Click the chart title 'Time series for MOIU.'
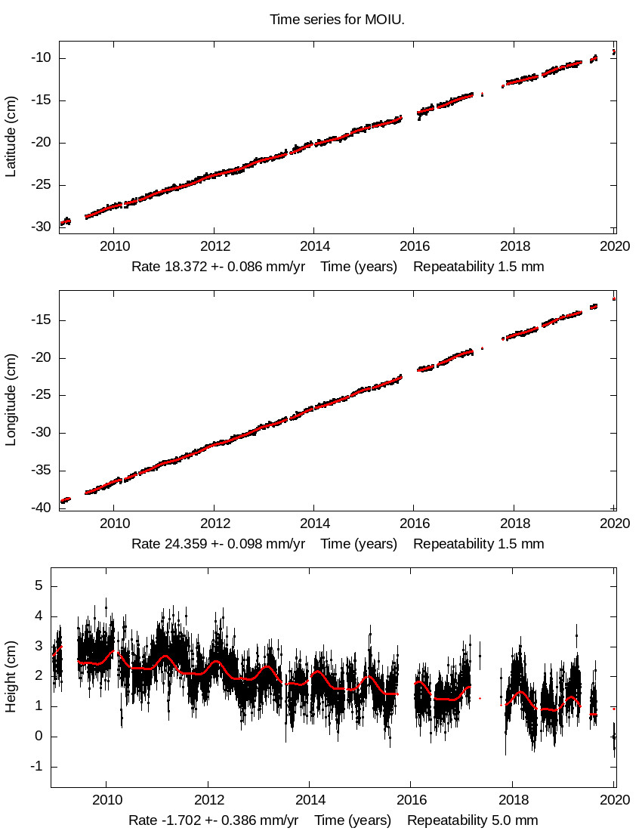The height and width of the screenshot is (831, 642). [x=337, y=20]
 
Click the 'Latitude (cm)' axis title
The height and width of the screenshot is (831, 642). [x=11, y=137]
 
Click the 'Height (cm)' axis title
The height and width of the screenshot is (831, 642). [x=11, y=677]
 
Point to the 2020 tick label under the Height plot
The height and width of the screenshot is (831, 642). [x=616, y=800]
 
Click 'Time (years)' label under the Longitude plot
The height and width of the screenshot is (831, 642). [x=359, y=544]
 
